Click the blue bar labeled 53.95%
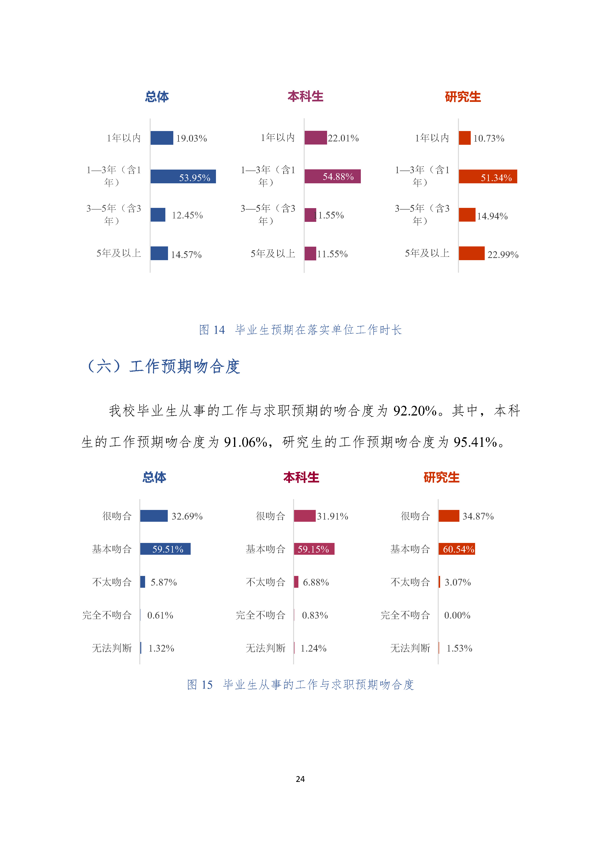tap(183, 177)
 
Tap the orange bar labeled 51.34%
tap(488, 177)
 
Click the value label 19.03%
tap(191, 138)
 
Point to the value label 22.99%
tap(503, 254)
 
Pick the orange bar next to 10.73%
tap(464, 138)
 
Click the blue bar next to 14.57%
tap(159, 253)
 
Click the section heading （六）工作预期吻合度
tap(162, 367)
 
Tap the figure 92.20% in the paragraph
tap(415, 411)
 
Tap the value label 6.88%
tap(316, 582)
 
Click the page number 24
tap(300, 779)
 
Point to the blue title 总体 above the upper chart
tap(157, 97)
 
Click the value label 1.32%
tap(161, 648)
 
